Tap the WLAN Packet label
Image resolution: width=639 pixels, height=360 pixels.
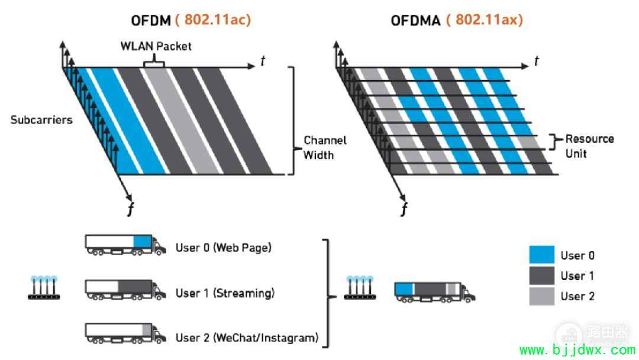(x=156, y=46)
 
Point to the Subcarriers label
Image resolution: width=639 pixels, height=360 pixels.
(x=41, y=120)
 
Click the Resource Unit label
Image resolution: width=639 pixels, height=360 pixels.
(x=589, y=146)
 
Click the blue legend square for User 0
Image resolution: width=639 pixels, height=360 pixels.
(x=541, y=255)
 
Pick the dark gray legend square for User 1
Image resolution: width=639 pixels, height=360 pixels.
(x=541, y=275)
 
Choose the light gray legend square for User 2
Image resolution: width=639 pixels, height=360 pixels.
(x=541, y=296)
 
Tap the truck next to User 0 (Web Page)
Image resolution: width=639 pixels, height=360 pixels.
(x=125, y=245)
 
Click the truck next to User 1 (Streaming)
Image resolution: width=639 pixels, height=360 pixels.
(x=125, y=290)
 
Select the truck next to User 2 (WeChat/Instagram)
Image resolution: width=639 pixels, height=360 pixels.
(x=125, y=333)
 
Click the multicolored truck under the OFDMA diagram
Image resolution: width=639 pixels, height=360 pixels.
(x=434, y=292)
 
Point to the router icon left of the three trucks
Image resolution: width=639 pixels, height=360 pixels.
(x=44, y=288)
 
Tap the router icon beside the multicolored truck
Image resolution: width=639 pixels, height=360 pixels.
(x=360, y=288)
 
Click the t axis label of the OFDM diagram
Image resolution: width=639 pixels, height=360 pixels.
(x=263, y=61)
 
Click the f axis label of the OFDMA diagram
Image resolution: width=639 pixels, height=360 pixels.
(x=404, y=209)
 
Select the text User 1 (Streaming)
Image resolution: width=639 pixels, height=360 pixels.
(x=225, y=293)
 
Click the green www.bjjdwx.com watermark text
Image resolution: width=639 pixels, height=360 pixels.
(x=577, y=350)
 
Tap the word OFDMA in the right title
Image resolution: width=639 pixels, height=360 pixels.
(x=415, y=20)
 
